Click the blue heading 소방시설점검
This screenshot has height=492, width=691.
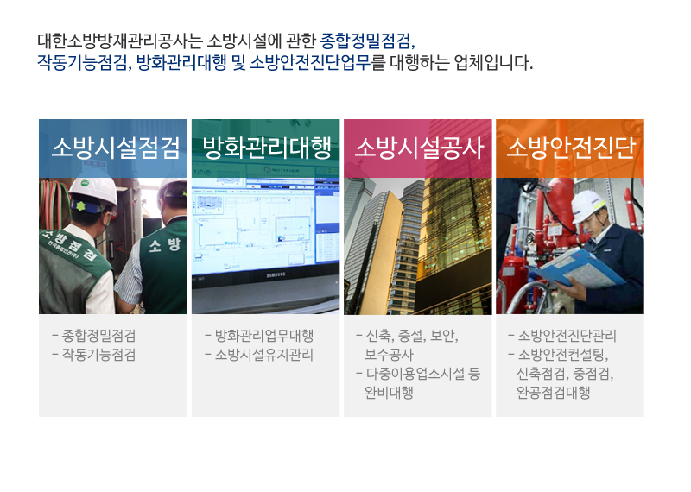point(116,148)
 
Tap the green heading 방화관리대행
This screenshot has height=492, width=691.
point(267,148)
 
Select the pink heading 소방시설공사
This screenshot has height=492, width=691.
point(419,148)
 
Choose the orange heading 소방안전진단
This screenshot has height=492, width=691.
point(571,148)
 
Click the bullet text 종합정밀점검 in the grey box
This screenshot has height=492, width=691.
point(98,336)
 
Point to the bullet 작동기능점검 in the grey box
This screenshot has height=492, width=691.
point(98,355)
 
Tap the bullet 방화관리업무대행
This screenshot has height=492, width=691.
point(264,336)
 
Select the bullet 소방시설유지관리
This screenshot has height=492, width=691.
point(264,355)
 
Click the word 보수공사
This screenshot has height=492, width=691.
point(389,355)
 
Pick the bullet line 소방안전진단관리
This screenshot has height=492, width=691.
point(567,336)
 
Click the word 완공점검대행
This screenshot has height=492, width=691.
point(553,392)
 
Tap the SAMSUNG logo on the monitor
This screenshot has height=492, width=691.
point(276,274)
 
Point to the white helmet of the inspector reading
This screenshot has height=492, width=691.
point(588,205)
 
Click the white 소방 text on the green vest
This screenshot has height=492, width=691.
point(165,245)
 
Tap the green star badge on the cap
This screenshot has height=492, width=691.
point(80,205)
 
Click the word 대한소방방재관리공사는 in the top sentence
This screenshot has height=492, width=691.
point(120,41)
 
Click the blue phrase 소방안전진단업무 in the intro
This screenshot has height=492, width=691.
point(310,63)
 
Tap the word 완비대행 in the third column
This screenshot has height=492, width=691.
point(389,392)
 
